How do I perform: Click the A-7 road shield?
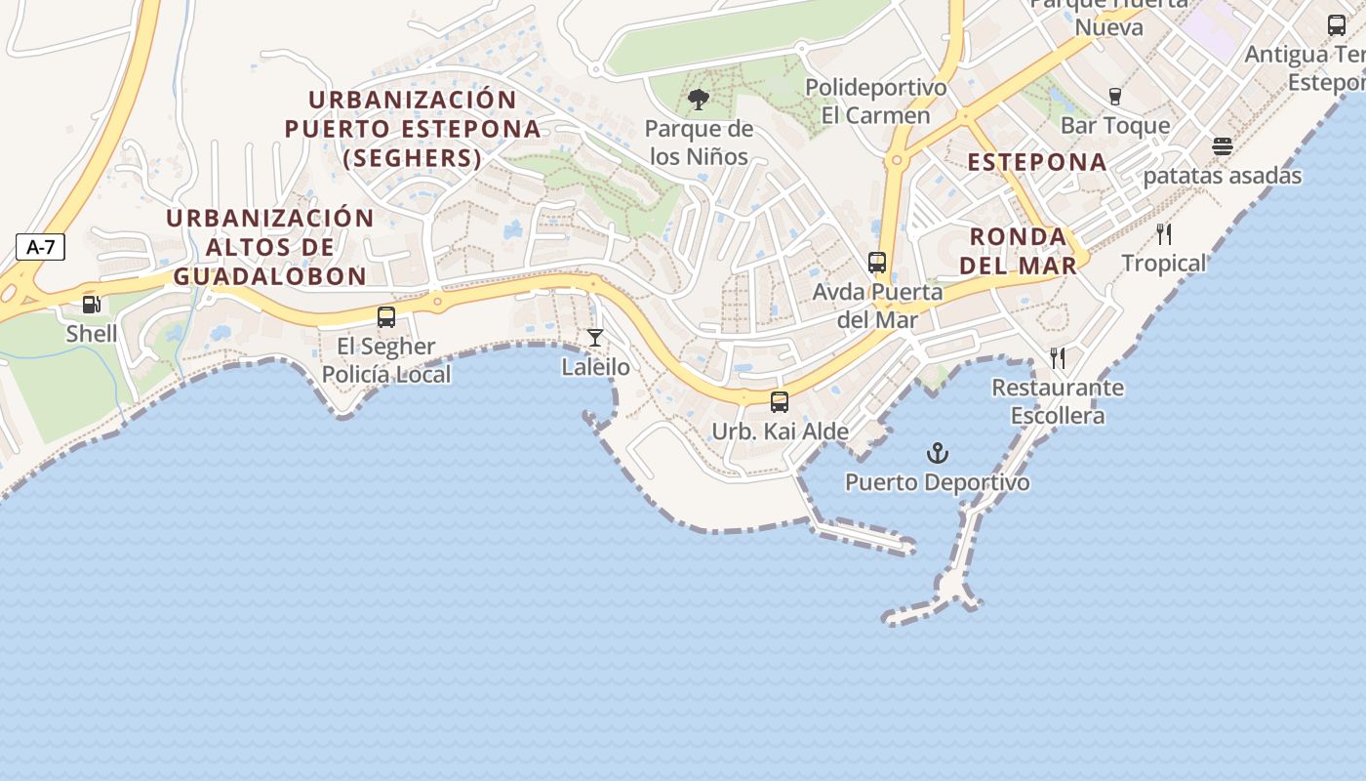[40, 247]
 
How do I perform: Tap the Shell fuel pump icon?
[92, 305]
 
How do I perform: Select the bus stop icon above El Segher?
[386, 317]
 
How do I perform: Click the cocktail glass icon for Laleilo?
[595, 338]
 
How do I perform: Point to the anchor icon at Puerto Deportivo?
[937, 453]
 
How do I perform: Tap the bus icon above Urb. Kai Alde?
[780, 401]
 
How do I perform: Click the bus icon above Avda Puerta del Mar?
[877, 262]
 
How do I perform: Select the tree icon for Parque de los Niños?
[698, 99]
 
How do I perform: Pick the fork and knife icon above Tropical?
[1163, 233]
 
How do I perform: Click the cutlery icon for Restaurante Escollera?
[1058, 358]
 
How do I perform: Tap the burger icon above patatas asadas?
[1223, 146]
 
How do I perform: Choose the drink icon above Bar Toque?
[1115, 96]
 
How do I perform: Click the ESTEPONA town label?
[1037, 162]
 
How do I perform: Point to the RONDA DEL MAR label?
[1019, 251]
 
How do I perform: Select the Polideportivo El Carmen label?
[875, 102]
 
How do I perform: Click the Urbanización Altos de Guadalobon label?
[270, 247]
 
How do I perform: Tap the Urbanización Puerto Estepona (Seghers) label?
[413, 129]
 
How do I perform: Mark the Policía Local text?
[386, 375]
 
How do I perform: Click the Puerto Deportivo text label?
[937, 482]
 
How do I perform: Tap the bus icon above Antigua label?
[1337, 25]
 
